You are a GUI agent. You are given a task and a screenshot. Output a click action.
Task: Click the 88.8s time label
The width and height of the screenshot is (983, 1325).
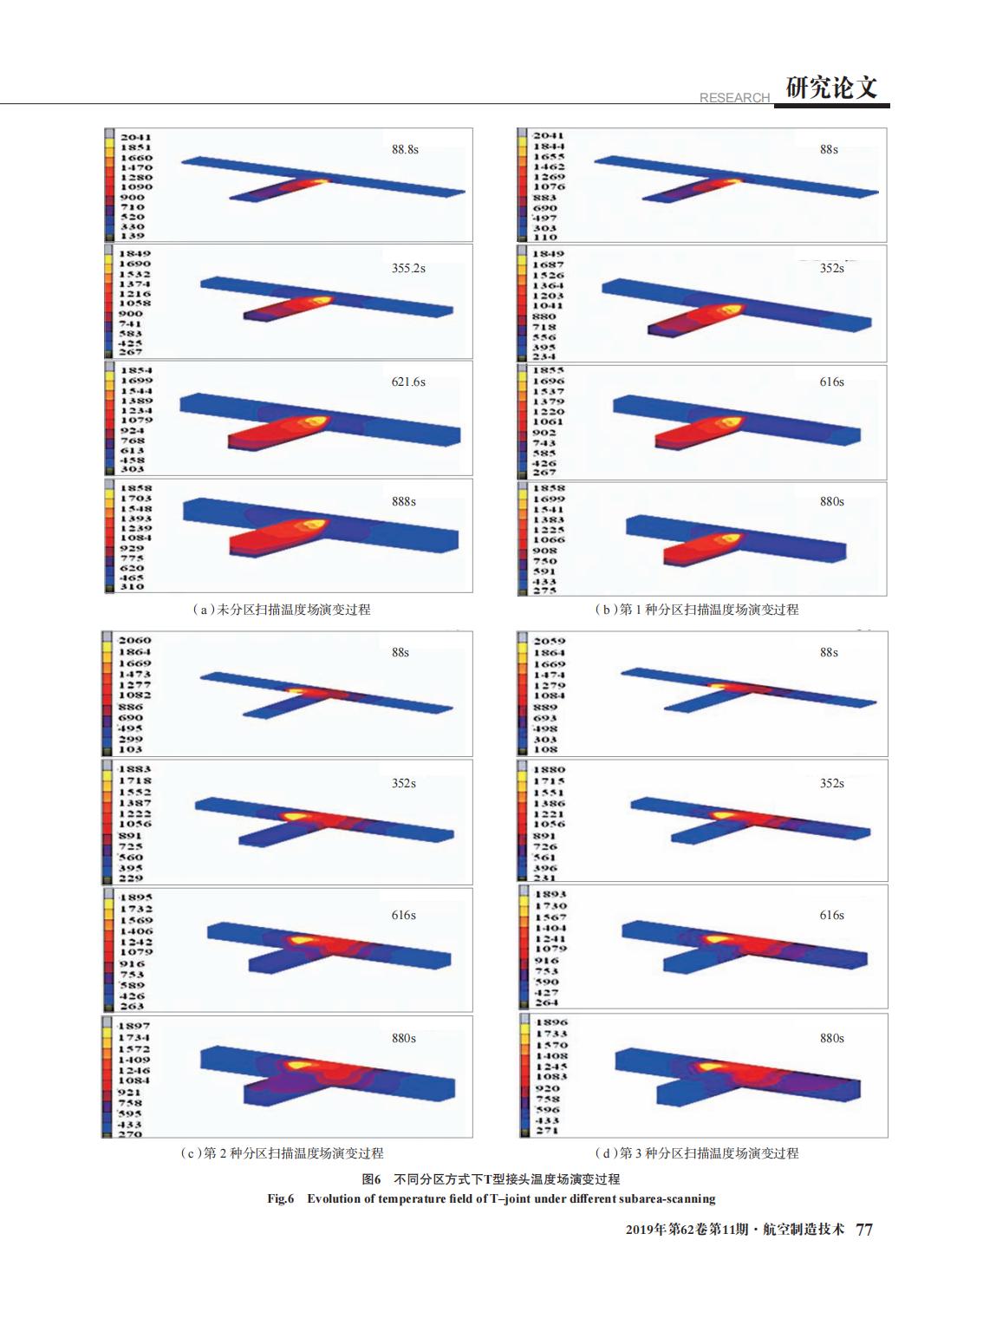pos(405,149)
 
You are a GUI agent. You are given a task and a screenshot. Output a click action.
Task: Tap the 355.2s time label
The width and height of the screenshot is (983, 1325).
pos(408,268)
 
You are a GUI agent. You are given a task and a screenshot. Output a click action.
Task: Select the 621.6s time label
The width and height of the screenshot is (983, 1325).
pos(408,382)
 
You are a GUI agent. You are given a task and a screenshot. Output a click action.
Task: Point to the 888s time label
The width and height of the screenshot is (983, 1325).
pos(404,501)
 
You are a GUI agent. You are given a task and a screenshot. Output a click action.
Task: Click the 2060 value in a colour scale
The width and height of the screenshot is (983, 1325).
pos(134,641)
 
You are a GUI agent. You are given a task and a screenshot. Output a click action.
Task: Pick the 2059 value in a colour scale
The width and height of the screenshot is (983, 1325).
pos(549,642)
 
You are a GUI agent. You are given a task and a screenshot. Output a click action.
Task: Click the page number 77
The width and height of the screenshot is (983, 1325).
pos(864,1230)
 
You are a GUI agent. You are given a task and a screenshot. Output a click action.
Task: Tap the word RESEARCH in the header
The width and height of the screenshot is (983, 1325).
pos(734,98)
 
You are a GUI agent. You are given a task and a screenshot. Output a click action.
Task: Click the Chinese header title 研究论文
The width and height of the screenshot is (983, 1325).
pos(831,88)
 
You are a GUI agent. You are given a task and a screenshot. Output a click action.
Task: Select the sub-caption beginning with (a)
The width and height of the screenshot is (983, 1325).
pos(281,610)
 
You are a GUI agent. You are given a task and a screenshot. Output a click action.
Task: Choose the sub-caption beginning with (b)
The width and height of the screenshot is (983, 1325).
pos(696,610)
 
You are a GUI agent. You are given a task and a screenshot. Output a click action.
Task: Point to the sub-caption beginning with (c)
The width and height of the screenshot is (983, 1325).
pos(281,1153)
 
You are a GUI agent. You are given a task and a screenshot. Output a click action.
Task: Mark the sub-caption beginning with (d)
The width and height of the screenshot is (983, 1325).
pos(696,1153)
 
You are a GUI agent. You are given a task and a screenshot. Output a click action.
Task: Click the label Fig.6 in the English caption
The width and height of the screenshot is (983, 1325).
pos(281,1199)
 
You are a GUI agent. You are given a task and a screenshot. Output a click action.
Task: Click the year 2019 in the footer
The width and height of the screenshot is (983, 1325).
pos(639,1230)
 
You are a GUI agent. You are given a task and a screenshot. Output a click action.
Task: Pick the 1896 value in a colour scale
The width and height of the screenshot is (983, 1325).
pos(549,1022)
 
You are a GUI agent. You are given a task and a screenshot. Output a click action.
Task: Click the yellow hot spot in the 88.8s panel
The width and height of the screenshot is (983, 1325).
pos(320,181)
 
